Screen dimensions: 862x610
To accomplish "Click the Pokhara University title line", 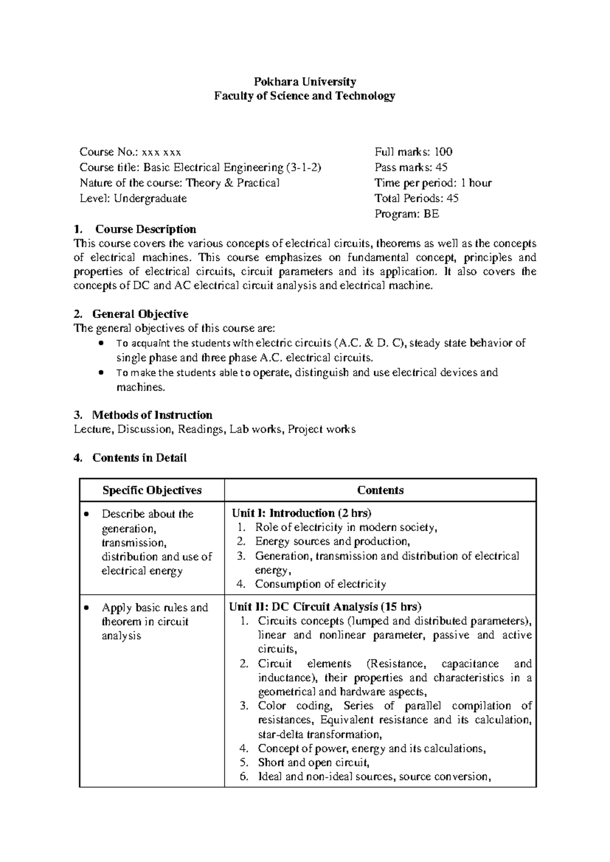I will pos(304,81).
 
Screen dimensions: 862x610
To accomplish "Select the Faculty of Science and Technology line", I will pos(304,96).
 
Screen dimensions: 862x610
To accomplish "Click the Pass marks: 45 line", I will pos(411,167).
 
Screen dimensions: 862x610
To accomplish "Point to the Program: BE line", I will pos(406,214).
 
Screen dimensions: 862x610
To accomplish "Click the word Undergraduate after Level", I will pos(150,198).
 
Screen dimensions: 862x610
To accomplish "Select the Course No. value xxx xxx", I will pos(161,152).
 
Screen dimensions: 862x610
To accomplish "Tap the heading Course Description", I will pos(145,229).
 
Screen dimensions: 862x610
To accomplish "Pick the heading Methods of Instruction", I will pos(152,415).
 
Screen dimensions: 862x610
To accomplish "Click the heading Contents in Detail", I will pos(139,458).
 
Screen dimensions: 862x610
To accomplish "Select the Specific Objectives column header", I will pos(152,490).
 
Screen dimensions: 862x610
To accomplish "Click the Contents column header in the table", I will pos(380,490).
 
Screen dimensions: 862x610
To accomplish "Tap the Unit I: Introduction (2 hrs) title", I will pos(301,513).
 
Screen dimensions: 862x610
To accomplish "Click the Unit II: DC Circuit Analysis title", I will pos(325,606).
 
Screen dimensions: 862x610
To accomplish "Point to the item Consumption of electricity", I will pos(320,584).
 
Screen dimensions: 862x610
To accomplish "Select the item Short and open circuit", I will pos(313,762).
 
